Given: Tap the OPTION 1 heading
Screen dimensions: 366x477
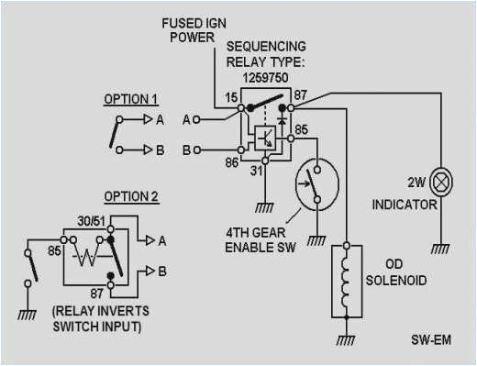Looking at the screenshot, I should [x=131, y=98].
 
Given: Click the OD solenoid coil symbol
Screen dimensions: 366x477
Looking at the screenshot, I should [x=347, y=279].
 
